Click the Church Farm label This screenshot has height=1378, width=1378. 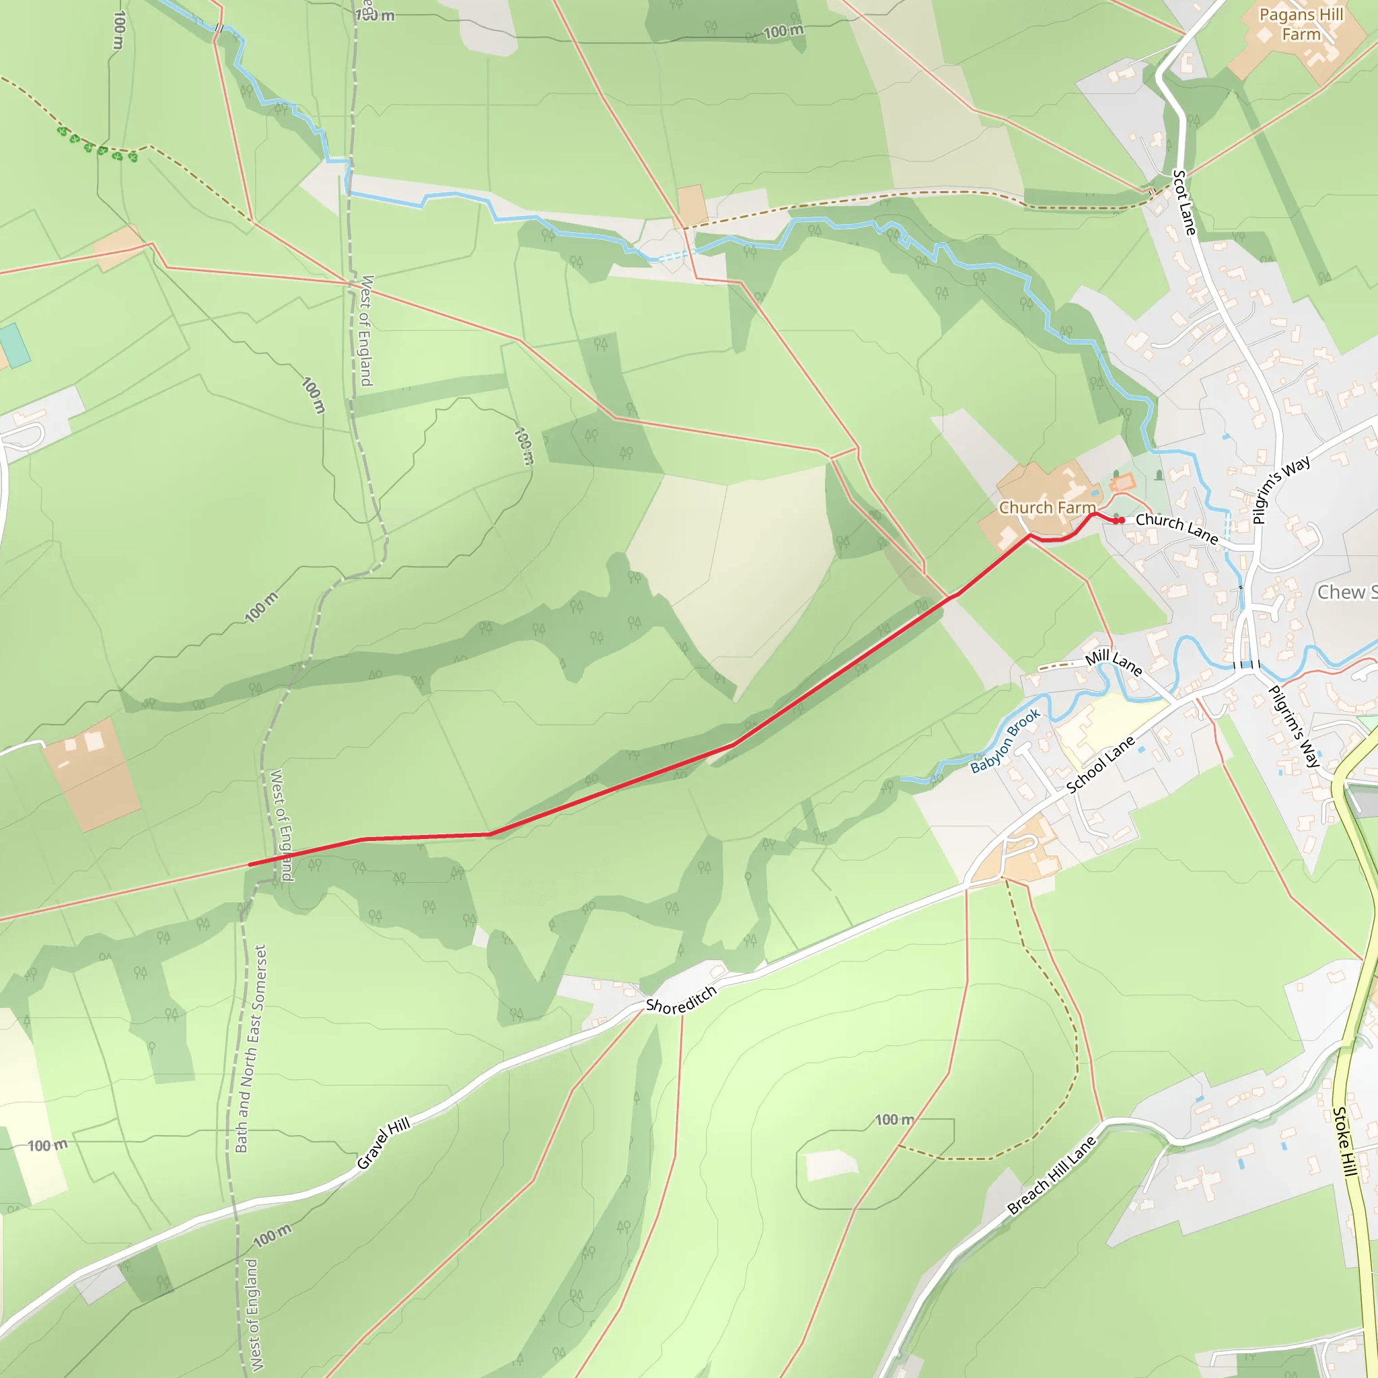(x=1046, y=507)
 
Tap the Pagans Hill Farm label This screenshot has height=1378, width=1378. (x=1301, y=24)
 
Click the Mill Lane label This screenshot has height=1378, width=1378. (x=1114, y=663)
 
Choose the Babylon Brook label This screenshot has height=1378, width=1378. (x=1006, y=741)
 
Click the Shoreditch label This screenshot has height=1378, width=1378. (x=680, y=1000)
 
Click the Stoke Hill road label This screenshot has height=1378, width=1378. (x=1344, y=1141)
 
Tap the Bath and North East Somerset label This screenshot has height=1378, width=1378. (x=251, y=1048)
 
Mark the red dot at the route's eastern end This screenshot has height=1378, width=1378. (x=1119, y=521)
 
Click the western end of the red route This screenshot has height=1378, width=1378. (x=250, y=865)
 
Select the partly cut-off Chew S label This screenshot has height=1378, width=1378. (x=1345, y=592)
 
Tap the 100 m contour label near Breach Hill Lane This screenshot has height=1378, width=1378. (x=894, y=1120)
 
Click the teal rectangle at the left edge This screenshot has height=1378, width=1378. (x=14, y=345)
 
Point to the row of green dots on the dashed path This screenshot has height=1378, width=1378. (x=97, y=145)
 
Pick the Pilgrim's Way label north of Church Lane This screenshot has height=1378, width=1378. (x=1281, y=490)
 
